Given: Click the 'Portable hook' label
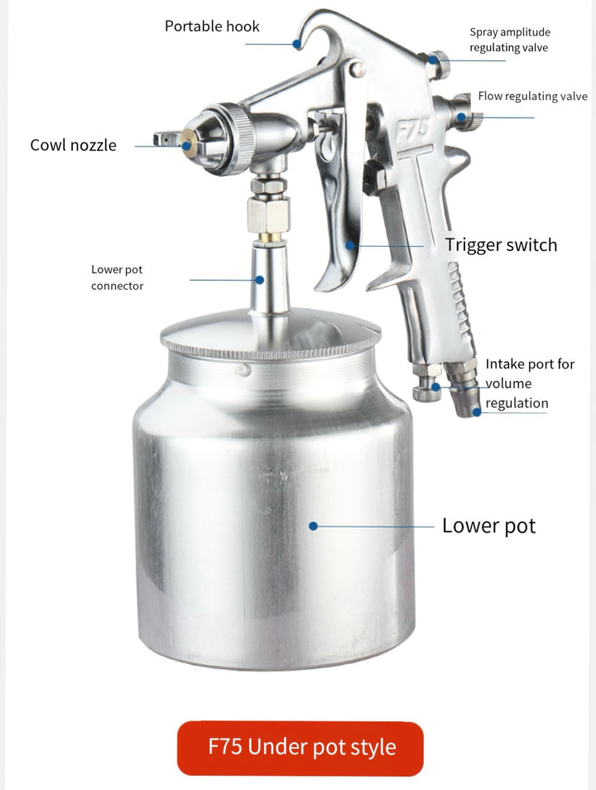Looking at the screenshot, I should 212,26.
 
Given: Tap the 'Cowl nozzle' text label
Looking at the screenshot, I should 73,145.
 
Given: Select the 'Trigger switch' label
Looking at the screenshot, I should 501,245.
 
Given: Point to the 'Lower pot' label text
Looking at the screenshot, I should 488,526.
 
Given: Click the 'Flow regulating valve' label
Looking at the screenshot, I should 532,96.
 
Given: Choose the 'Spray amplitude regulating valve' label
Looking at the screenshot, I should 509,40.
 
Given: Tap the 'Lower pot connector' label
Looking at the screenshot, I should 117,277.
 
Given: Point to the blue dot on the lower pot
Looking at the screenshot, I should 313,525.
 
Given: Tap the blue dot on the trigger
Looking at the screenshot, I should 350,245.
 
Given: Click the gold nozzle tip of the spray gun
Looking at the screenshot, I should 187,145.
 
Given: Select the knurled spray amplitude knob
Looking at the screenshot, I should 436,60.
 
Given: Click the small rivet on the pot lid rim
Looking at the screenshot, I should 243,370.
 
